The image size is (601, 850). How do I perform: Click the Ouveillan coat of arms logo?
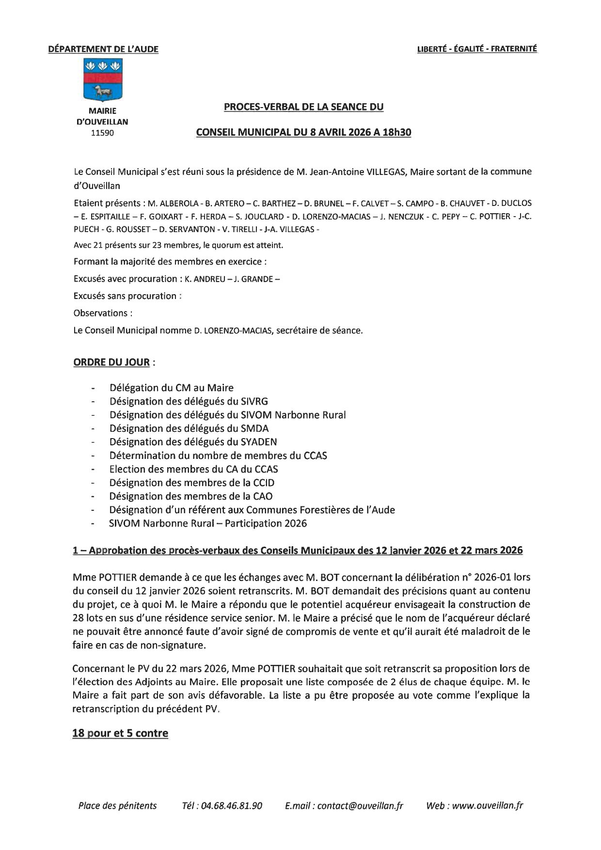103,79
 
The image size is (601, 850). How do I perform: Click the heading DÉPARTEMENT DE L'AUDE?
103,49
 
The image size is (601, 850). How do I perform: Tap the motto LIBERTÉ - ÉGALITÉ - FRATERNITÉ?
477,49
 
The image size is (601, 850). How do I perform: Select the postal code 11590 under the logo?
102,133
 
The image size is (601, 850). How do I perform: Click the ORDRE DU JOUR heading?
111,362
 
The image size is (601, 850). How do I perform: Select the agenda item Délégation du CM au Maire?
172,388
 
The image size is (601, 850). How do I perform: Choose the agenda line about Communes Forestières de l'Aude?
252,510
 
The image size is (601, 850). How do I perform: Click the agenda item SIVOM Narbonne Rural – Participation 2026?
208,523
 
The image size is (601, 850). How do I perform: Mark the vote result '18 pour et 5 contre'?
120,733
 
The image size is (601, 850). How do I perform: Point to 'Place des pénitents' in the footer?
117,806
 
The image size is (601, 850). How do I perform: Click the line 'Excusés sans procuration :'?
127,296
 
